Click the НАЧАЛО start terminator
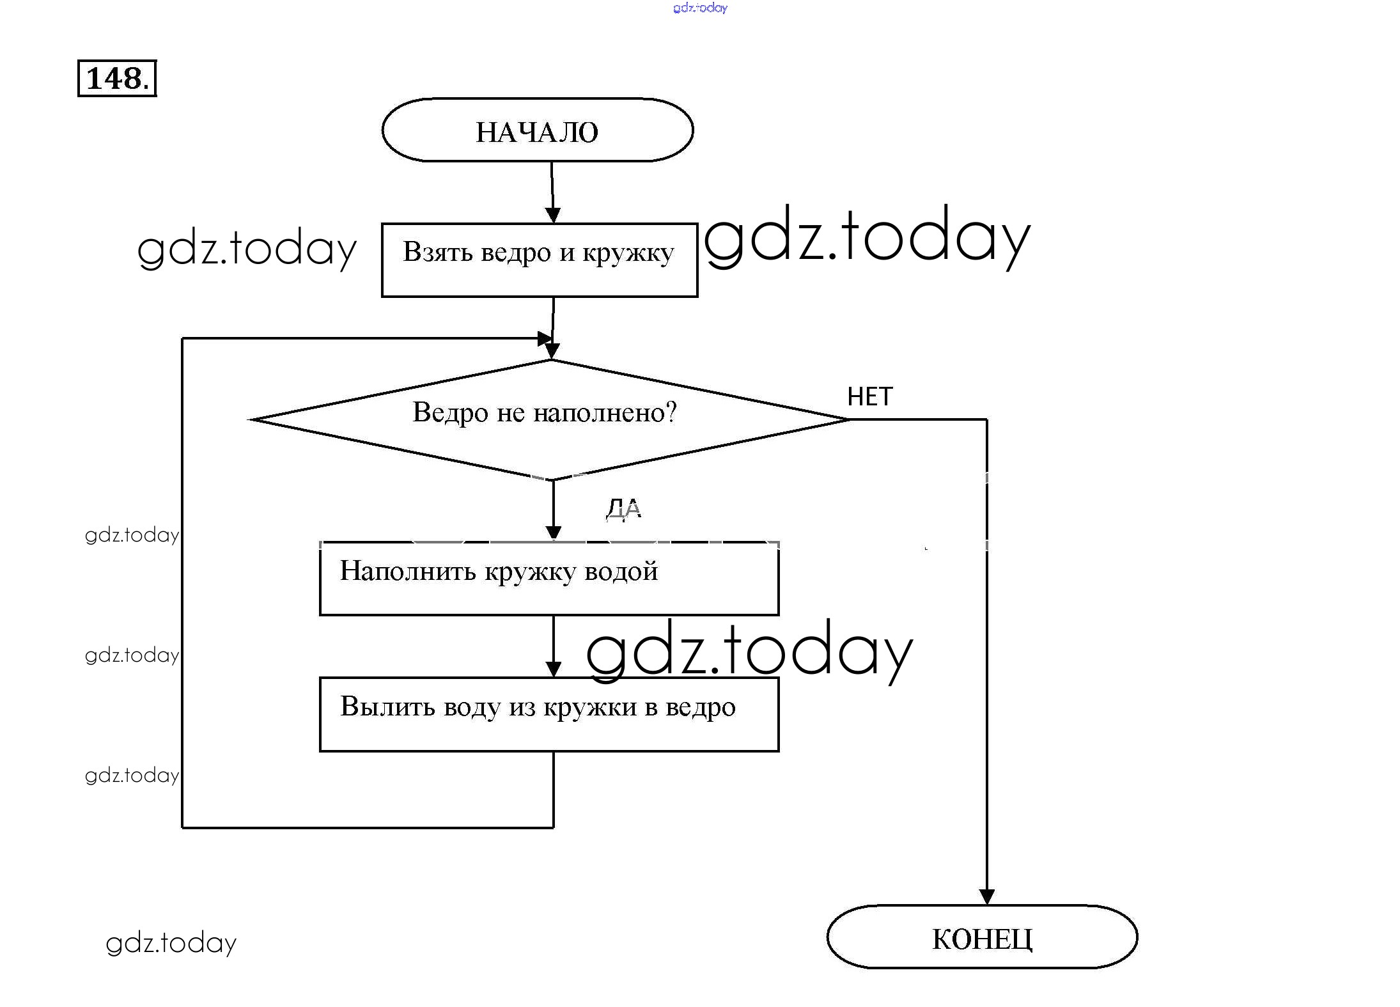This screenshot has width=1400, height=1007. click(x=537, y=130)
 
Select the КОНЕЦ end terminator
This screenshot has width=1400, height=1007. click(x=981, y=937)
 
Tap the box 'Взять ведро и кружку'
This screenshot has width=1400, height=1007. click(x=539, y=260)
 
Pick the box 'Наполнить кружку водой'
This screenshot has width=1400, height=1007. click(x=548, y=578)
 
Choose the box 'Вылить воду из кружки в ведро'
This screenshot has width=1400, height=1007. click(x=548, y=714)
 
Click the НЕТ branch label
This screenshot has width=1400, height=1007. click(x=869, y=397)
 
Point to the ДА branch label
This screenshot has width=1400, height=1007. click(x=623, y=509)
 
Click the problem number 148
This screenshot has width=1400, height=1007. click(x=117, y=79)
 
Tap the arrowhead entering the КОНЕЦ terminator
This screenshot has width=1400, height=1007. click(x=986, y=896)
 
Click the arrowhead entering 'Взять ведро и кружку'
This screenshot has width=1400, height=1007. click(x=553, y=215)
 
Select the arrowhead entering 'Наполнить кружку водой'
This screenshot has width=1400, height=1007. click(x=554, y=533)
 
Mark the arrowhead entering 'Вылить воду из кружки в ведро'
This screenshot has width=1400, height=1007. click(x=554, y=669)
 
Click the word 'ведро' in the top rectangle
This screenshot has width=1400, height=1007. click(x=515, y=253)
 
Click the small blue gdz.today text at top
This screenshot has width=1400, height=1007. click(x=700, y=8)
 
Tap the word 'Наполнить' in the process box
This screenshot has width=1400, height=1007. click(x=407, y=571)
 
